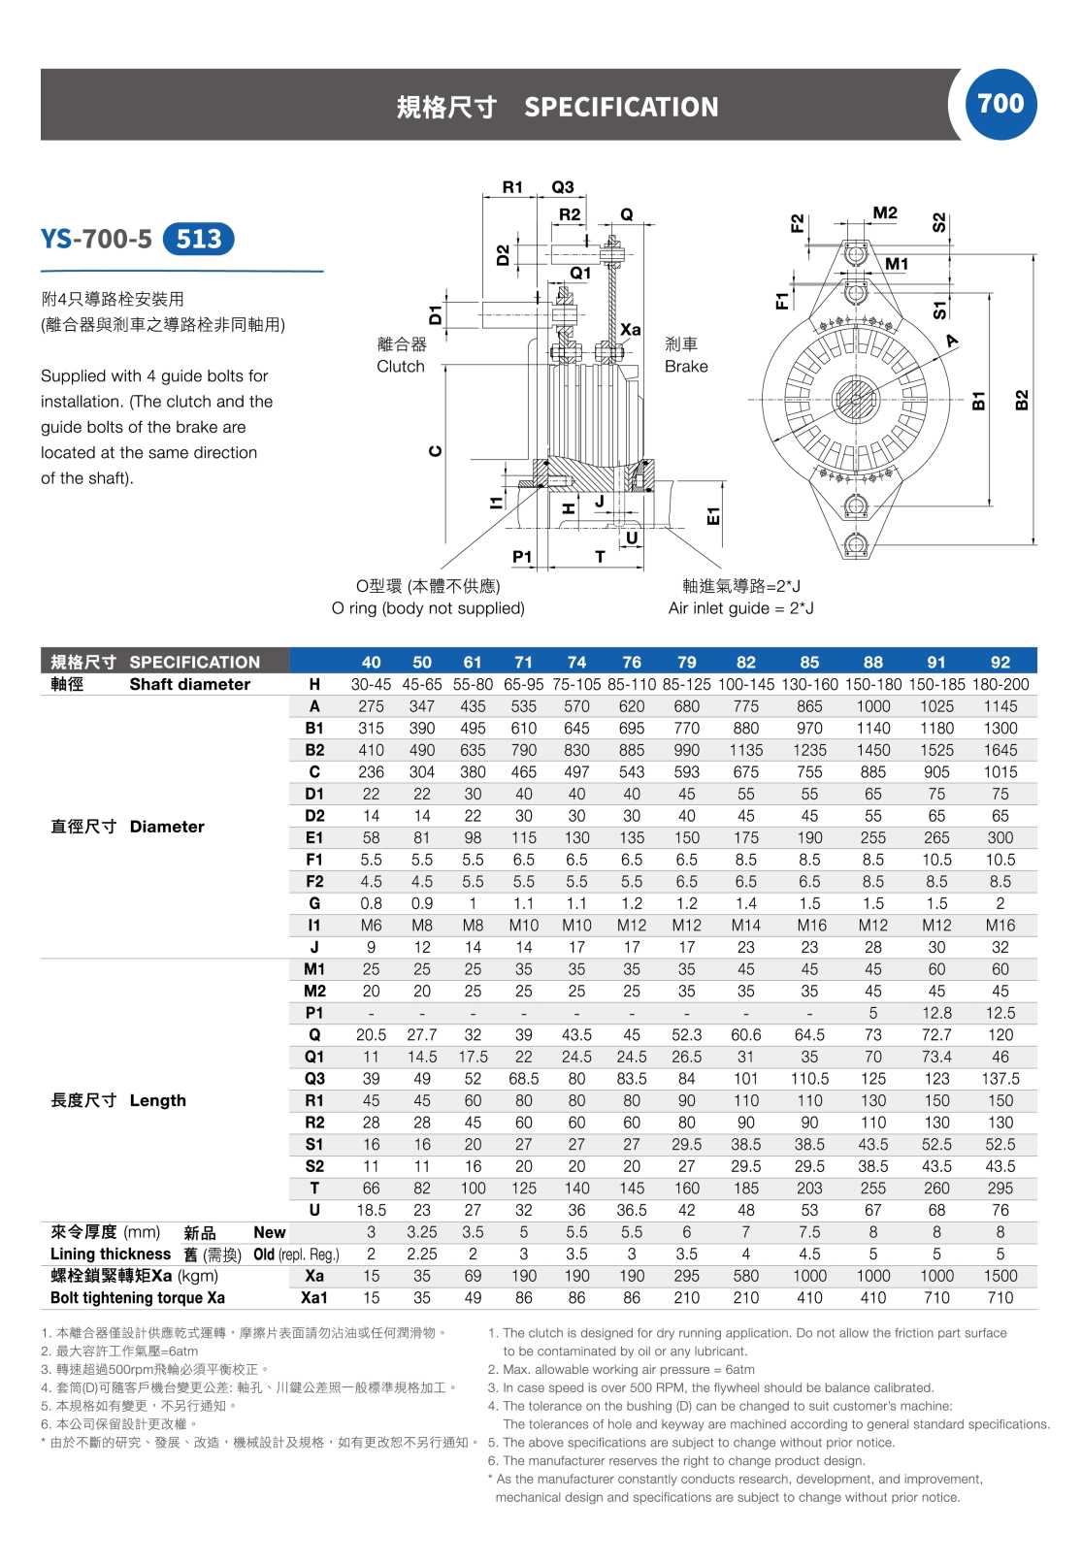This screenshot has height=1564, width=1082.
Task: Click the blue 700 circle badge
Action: click(1000, 104)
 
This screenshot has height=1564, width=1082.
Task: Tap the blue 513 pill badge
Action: click(199, 239)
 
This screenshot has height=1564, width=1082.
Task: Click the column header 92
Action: click(1000, 662)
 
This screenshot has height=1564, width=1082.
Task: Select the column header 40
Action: click(371, 662)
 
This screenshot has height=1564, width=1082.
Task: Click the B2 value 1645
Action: click(1000, 750)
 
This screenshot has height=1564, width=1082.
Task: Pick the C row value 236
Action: click(371, 772)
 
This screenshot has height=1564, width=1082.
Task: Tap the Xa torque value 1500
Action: click(1000, 1276)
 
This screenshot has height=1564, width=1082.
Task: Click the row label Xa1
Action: click(314, 1298)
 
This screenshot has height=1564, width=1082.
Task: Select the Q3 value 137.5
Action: click(1000, 1079)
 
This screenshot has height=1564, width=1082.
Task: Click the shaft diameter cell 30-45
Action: click(371, 684)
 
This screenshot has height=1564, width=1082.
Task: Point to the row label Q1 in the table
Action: click(314, 1057)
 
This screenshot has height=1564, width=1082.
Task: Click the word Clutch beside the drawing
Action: click(401, 367)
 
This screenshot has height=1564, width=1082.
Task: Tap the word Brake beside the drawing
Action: click(686, 367)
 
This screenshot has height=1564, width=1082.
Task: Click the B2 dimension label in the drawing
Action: click(1021, 400)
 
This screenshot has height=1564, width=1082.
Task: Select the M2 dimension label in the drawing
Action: click(885, 213)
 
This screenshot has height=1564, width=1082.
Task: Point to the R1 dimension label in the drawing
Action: click(512, 187)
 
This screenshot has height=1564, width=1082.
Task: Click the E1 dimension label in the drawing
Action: click(713, 515)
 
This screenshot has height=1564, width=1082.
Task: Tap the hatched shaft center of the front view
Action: click(855, 399)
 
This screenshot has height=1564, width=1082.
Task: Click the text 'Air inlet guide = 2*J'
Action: click(740, 608)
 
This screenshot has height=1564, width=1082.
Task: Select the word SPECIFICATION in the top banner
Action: click(621, 107)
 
